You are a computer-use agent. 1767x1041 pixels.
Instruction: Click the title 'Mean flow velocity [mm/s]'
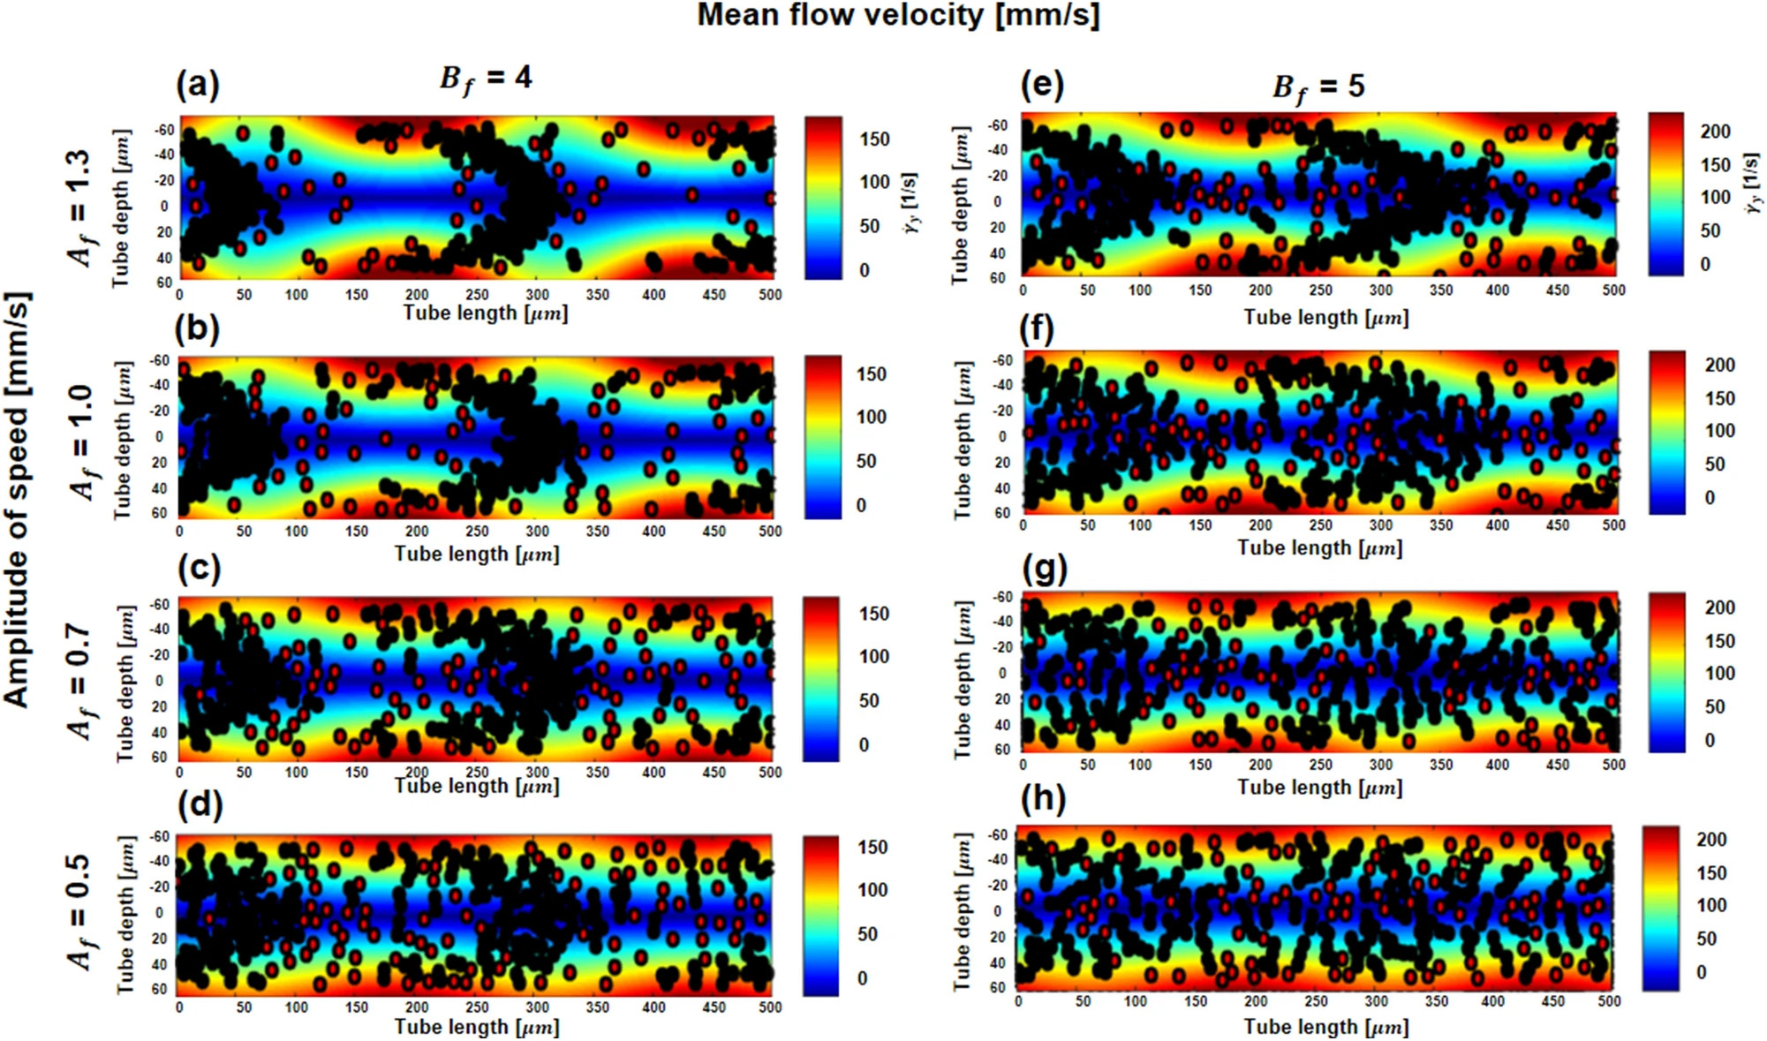(x=898, y=16)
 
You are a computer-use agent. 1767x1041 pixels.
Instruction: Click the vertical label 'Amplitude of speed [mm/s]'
(x=18, y=499)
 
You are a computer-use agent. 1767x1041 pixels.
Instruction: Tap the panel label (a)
(x=197, y=86)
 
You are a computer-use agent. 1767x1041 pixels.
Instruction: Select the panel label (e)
(x=1042, y=86)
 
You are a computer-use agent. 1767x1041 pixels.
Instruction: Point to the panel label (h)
(x=1043, y=799)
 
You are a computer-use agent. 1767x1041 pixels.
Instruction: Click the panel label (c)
(x=199, y=568)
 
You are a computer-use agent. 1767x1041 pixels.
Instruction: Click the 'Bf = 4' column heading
(x=486, y=79)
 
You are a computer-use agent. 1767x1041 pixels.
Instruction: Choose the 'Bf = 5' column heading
(x=1318, y=87)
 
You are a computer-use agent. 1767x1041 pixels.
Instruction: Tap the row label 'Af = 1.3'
(x=79, y=208)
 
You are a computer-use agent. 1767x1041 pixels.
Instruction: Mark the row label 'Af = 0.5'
(x=79, y=912)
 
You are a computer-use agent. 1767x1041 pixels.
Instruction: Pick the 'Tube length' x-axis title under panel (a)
(x=486, y=313)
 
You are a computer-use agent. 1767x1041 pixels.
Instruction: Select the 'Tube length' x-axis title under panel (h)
(x=1325, y=1027)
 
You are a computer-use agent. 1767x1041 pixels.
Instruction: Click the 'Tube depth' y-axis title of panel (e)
(x=960, y=205)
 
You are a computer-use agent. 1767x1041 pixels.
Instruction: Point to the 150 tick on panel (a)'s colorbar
(x=874, y=140)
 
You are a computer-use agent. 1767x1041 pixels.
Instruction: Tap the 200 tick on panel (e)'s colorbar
(x=1716, y=132)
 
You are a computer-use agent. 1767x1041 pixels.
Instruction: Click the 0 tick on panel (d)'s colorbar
(x=862, y=978)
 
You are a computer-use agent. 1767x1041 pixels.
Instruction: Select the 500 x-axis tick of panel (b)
(x=770, y=532)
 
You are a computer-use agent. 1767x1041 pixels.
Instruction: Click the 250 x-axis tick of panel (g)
(x=1320, y=765)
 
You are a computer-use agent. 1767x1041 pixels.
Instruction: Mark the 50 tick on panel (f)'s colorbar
(x=1714, y=464)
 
